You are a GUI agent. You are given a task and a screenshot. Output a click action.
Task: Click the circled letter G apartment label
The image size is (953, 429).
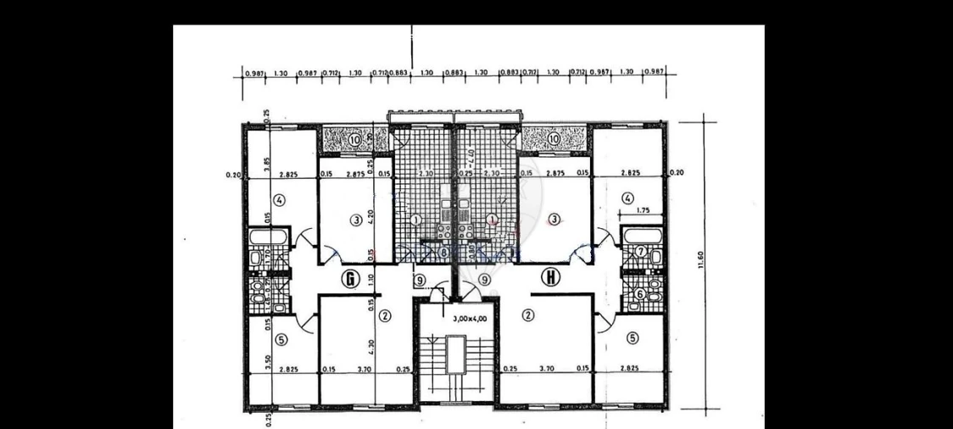pyautogui.click(x=348, y=277)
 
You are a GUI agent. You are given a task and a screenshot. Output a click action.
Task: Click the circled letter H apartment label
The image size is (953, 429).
pyautogui.click(x=552, y=276)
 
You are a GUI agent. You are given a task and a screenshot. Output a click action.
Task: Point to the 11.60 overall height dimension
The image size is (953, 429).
pyautogui.click(x=700, y=259)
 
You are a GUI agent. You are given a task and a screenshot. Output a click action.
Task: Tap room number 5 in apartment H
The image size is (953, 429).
pyautogui.click(x=632, y=337)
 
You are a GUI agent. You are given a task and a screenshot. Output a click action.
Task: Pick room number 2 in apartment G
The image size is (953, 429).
pyautogui.click(x=385, y=316)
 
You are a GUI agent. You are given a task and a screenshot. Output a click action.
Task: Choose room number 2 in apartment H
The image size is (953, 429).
pyautogui.click(x=529, y=316)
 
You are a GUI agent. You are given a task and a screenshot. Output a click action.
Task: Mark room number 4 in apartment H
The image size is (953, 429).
pyautogui.click(x=627, y=199)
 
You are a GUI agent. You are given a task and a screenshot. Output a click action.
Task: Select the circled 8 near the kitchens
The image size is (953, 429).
pyautogui.click(x=444, y=252)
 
